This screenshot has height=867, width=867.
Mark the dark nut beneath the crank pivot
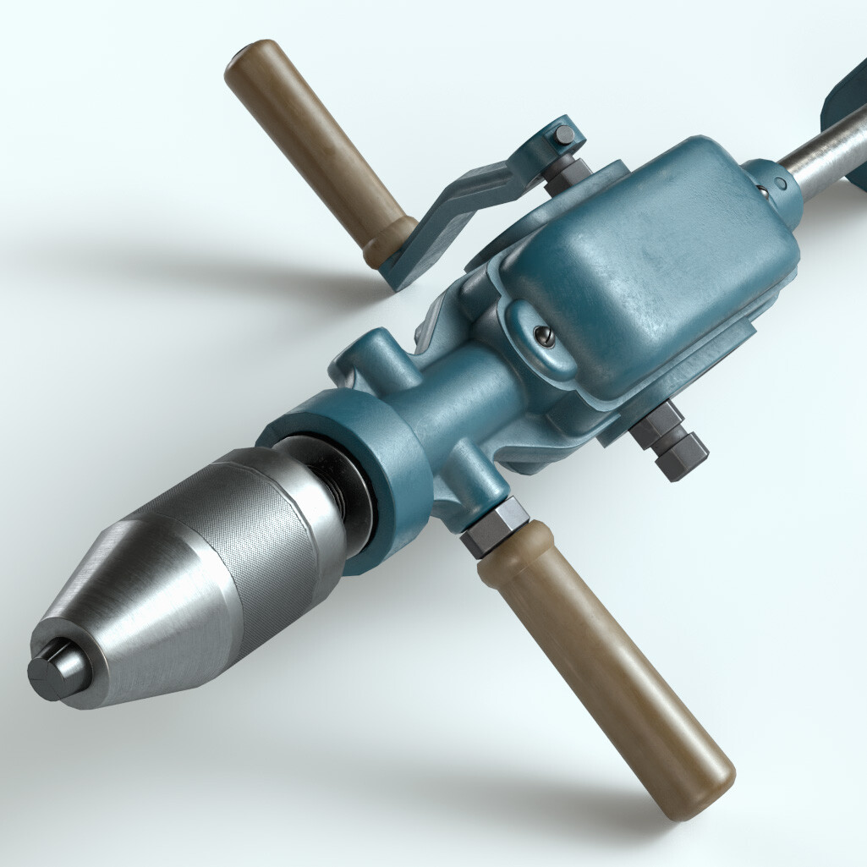coord(565,173)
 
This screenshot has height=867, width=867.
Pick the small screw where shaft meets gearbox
coord(780,182)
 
